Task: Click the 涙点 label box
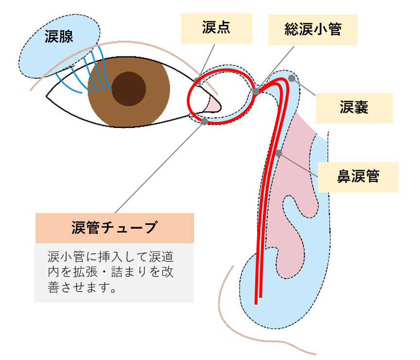click(216, 28)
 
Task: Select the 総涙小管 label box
click(313, 30)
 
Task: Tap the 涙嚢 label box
click(354, 108)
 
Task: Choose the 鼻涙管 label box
click(358, 177)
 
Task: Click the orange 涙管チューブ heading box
click(115, 228)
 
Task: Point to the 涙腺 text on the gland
click(59, 36)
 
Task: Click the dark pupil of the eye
click(128, 89)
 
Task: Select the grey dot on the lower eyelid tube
click(204, 122)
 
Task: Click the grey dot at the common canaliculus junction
click(256, 91)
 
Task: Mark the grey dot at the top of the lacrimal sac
click(292, 78)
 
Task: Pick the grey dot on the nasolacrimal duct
click(279, 153)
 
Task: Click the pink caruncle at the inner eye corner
click(213, 104)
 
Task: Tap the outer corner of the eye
click(47, 96)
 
